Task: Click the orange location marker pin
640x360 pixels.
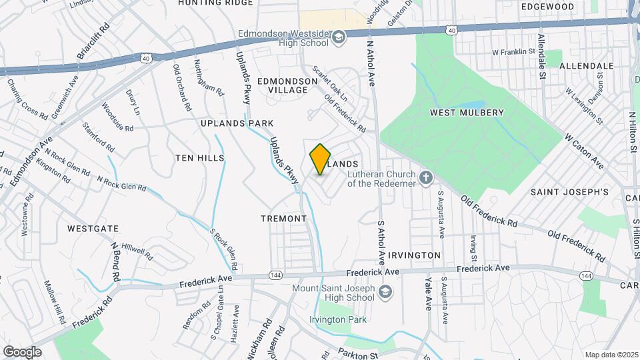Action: [x=320, y=159]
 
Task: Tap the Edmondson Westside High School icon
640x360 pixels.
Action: [x=339, y=37]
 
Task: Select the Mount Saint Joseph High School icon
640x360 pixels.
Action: [x=385, y=292]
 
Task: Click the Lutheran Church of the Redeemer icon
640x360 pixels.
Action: [x=425, y=177]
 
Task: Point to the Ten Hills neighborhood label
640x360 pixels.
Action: [x=199, y=158]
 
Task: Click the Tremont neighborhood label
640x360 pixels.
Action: [x=283, y=219]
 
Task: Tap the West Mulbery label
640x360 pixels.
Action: [x=467, y=113]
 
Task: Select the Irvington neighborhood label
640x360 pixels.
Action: [x=414, y=255]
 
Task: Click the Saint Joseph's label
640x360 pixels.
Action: [x=569, y=192]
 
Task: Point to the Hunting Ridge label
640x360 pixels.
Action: [x=215, y=3]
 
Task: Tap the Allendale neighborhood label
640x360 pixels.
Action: [x=586, y=67]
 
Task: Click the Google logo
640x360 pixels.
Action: [x=22, y=351]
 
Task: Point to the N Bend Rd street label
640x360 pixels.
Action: [x=115, y=261]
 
